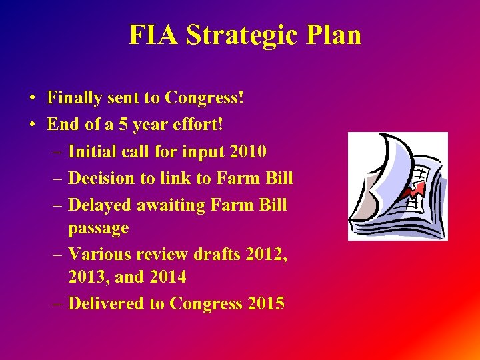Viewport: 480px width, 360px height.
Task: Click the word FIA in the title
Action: (x=153, y=35)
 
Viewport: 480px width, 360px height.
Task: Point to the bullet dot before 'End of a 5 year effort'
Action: (x=32, y=125)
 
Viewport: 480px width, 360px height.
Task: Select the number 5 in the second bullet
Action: (x=122, y=125)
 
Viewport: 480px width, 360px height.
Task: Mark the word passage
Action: (x=99, y=228)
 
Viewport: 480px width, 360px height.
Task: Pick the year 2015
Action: (x=265, y=303)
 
